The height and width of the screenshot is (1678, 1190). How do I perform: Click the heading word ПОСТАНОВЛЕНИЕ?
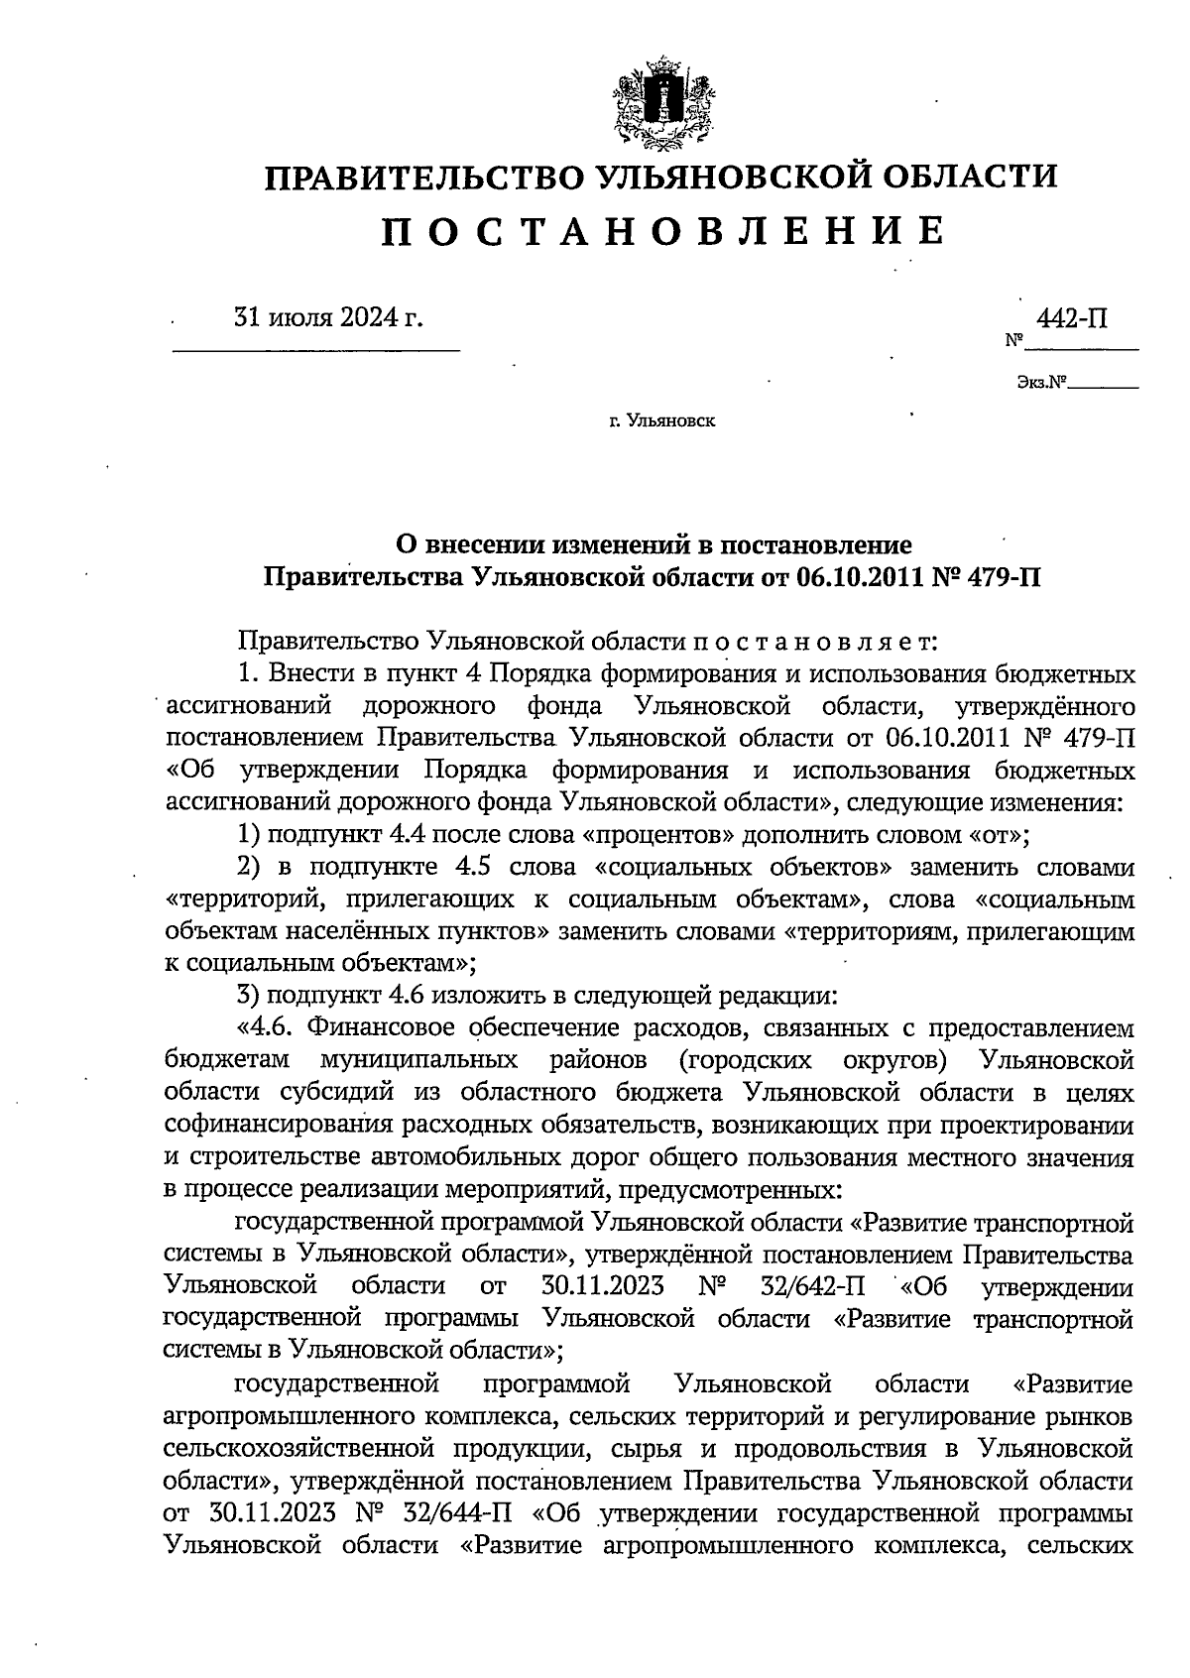[662, 231]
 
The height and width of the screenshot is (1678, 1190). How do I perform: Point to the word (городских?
[747, 1060]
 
